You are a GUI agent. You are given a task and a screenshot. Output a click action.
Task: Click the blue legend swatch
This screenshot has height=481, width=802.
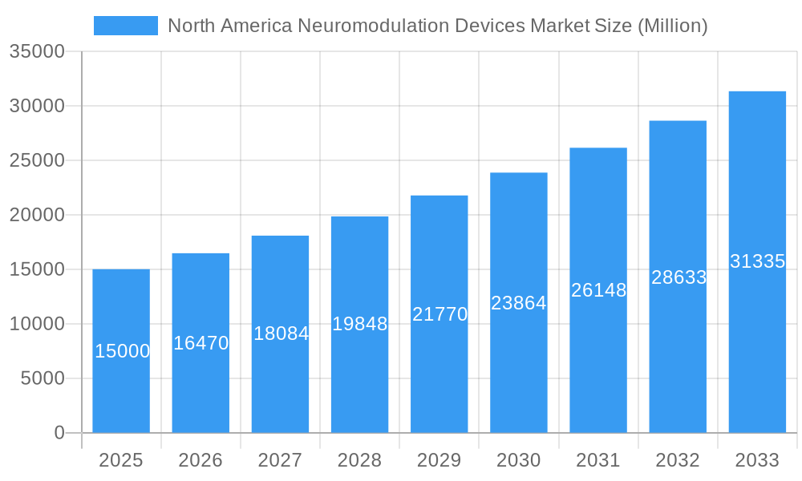126,26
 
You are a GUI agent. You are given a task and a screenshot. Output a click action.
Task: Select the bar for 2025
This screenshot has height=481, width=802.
121,377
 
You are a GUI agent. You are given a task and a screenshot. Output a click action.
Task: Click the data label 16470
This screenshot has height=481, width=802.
201,343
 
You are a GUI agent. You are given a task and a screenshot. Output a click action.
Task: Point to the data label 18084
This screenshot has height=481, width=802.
281,333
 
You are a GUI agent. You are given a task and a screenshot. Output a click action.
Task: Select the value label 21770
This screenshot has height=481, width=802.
439,314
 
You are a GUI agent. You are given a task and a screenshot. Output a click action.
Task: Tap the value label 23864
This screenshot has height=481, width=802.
519,303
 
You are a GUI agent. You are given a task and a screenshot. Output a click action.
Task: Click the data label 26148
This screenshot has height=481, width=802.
598,290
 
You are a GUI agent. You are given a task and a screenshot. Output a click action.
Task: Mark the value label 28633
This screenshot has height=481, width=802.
678,277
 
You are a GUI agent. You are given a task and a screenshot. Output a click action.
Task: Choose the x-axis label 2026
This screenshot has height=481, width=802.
200,460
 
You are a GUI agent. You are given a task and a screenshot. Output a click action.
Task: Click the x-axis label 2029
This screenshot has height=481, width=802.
439,460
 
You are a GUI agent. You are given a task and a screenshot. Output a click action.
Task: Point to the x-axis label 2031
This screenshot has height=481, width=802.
598,460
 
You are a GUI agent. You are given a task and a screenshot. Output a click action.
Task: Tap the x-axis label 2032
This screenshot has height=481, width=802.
678,460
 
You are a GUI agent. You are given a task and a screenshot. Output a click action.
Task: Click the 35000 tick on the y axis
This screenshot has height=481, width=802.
37,51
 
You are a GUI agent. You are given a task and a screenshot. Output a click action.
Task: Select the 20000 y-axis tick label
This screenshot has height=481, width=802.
37,215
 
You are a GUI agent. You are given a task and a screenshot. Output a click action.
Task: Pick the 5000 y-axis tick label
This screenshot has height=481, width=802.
43,378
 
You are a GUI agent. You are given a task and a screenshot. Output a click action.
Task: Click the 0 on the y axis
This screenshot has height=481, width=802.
59,433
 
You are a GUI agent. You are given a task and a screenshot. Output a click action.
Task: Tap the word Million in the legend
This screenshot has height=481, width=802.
672,26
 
